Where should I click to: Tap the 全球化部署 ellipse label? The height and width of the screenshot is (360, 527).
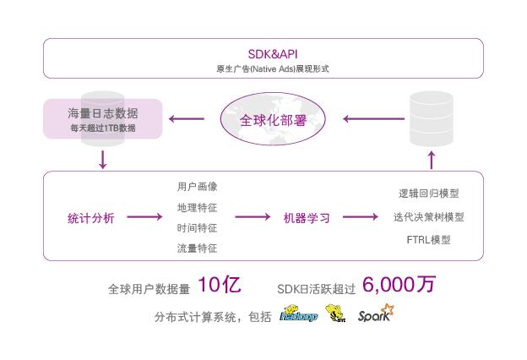[x=263, y=119]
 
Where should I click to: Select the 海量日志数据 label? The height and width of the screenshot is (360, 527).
[x=103, y=114]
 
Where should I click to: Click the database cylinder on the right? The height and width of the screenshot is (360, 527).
[x=431, y=117]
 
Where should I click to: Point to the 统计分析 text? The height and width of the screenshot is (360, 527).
[x=90, y=218]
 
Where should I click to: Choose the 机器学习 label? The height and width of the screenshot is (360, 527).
[x=306, y=218]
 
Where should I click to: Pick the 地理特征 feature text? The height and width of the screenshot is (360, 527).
[x=197, y=208]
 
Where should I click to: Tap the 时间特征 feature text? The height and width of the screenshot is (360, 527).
[x=197, y=228]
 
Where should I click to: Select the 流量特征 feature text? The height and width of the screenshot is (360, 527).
[x=197, y=248]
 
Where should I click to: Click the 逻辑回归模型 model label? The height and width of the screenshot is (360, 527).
[x=428, y=194]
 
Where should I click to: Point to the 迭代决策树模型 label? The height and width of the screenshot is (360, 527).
[x=428, y=217]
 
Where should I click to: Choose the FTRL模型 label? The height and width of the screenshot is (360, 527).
[x=428, y=240]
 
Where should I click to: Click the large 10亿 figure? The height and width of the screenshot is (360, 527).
[x=220, y=285]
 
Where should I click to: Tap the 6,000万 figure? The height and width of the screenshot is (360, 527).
[x=399, y=285]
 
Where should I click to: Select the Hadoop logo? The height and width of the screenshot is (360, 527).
[x=298, y=316]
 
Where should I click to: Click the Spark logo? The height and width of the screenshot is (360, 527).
[x=375, y=314]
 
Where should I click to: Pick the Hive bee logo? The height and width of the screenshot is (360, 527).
[x=336, y=314]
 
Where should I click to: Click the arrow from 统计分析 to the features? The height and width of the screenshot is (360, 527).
[x=144, y=218]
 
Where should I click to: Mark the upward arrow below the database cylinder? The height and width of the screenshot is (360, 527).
[x=431, y=159]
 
